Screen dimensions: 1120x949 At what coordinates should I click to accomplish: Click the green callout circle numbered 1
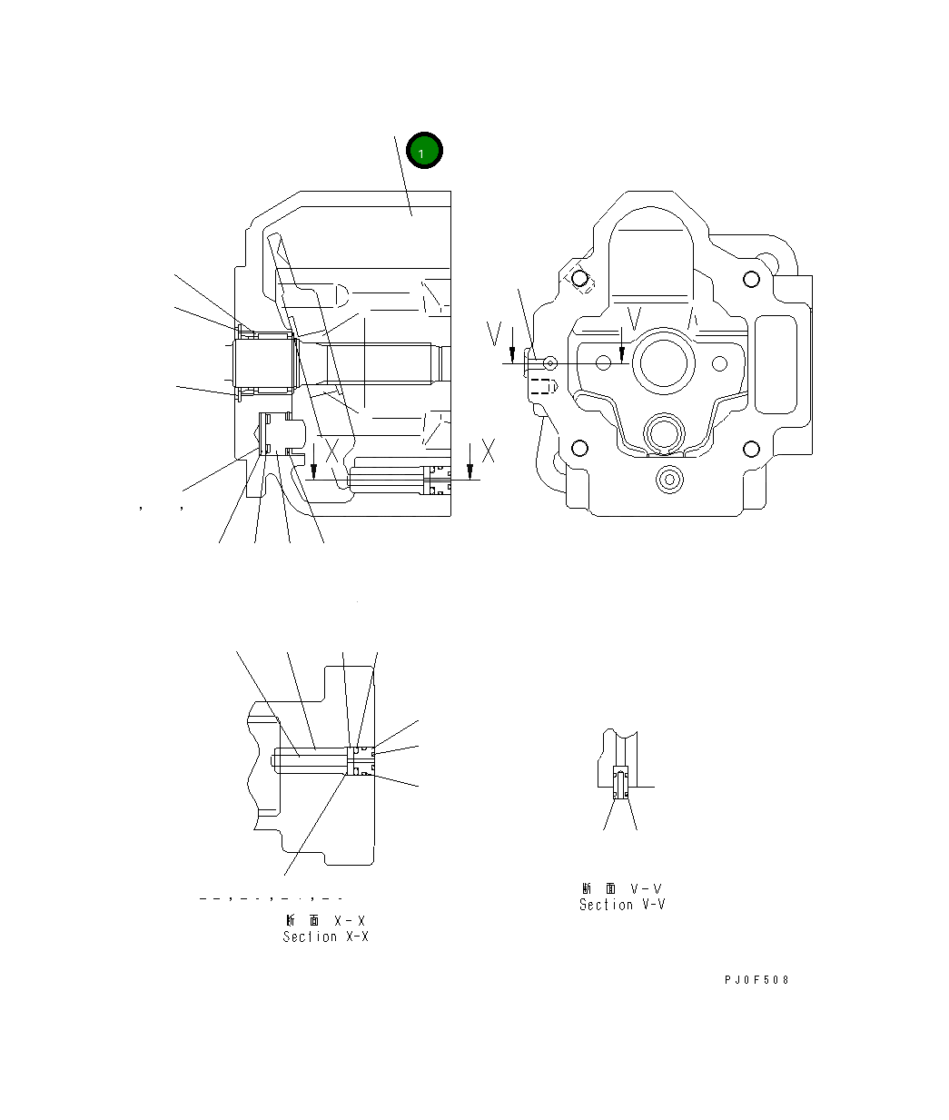424,152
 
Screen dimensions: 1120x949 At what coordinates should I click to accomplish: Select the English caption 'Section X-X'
325,937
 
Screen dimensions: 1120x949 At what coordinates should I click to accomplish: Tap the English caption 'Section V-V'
622,905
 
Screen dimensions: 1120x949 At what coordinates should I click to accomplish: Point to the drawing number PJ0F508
756,980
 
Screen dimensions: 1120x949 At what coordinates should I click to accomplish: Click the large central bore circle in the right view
667,362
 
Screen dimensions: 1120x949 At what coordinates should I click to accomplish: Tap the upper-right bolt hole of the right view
750,279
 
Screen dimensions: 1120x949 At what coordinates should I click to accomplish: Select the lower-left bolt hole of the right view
578,449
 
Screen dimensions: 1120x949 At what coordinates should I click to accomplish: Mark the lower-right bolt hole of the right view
750,449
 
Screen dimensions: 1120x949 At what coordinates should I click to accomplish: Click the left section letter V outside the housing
494,334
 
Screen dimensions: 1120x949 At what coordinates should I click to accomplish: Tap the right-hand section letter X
489,450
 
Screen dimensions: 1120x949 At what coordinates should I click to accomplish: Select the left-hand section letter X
332,450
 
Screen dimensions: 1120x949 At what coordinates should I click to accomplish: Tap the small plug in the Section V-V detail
620,783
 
